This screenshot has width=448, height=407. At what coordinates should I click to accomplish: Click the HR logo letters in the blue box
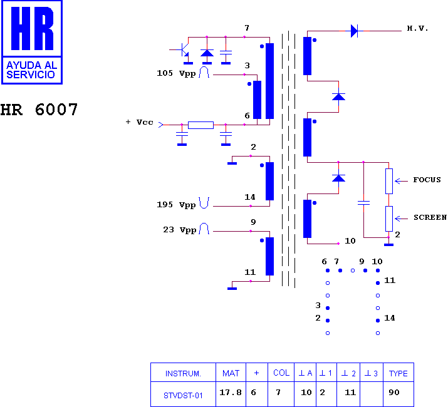point(32,28)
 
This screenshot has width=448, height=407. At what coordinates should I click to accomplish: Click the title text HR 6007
point(39,110)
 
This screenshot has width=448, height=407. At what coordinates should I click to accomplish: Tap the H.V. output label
point(417,28)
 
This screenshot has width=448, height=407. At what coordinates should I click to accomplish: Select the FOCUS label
point(427,180)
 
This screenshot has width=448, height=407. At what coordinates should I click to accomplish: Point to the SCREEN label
point(430,217)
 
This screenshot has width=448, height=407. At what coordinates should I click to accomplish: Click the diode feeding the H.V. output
point(354,31)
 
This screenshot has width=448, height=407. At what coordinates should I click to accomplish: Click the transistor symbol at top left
point(183,50)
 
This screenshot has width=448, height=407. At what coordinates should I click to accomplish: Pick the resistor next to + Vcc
point(201,125)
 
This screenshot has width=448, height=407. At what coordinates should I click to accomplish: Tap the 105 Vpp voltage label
point(176,73)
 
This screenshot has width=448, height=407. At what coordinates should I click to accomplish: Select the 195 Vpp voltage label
point(176,205)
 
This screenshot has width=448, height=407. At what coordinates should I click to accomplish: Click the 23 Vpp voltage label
point(179,230)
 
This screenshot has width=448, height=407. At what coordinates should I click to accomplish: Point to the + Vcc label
point(140,122)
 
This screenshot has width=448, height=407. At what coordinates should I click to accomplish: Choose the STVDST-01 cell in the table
point(183,395)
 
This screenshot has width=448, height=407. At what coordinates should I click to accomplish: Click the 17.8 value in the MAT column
point(231,393)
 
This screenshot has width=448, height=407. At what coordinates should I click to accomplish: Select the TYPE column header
point(399,373)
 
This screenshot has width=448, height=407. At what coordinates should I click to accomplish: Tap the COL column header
point(281,373)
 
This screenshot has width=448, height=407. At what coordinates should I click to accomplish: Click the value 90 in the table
point(394,393)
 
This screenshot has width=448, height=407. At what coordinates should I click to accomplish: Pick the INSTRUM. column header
point(183,374)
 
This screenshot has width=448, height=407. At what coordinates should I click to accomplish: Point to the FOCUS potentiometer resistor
point(389,181)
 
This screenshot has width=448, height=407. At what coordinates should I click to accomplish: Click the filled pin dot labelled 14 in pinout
point(378,321)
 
